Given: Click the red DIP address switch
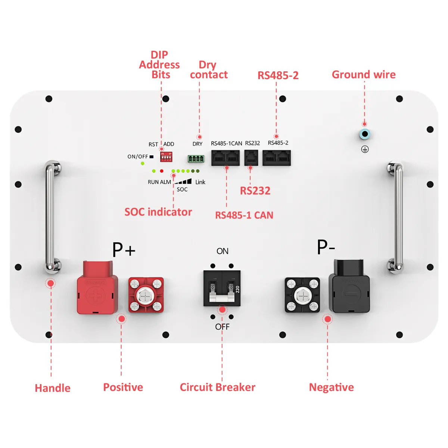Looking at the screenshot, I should (x=166, y=157).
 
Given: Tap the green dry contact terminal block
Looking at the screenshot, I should (x=196, y=159).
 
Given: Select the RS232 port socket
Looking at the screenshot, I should (x=251, y=158).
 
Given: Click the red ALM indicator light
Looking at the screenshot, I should (x=162, y=171).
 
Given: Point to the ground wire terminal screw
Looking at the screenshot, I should (x=365, y=134).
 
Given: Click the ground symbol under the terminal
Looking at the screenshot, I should (x=365, y=149).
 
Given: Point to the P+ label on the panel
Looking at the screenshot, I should (x=124, y=249).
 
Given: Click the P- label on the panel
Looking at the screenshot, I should (x=326, y=247).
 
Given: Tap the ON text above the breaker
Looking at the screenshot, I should (x=223, y=251).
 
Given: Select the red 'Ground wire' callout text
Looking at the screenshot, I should (x=364, y=75).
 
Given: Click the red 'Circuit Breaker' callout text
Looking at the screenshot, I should (x=217, y=387).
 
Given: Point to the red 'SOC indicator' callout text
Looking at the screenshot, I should (x=158, y=212).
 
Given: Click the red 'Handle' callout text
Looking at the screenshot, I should (x=53, y=388).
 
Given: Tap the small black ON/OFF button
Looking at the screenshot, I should (x=152, y=157).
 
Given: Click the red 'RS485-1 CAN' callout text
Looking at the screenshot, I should (x=244, y=215).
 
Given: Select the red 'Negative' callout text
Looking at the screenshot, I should (x=331, y=388).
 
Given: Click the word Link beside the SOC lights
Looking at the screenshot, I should (x=200, y=182).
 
